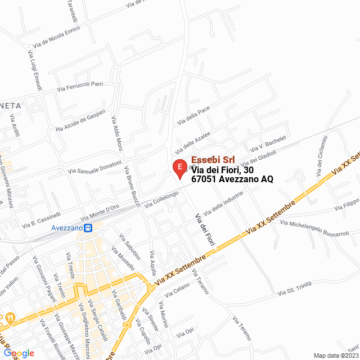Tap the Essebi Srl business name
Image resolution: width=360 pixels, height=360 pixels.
click(213, 160)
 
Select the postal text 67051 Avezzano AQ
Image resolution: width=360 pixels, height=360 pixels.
click(232, 179)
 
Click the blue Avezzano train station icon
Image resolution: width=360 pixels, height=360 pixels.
click(88, 228)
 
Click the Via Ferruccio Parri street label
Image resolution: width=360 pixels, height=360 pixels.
click(80, 86)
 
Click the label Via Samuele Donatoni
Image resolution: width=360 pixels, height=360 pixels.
click(94, 167)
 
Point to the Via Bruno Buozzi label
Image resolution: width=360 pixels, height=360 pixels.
click(132, 186)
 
